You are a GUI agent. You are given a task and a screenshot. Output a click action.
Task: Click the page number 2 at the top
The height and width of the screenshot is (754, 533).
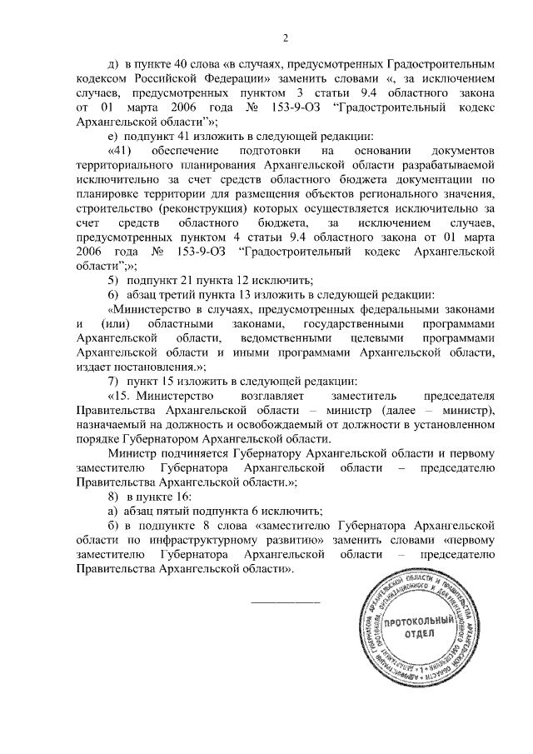coord(285,37)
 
